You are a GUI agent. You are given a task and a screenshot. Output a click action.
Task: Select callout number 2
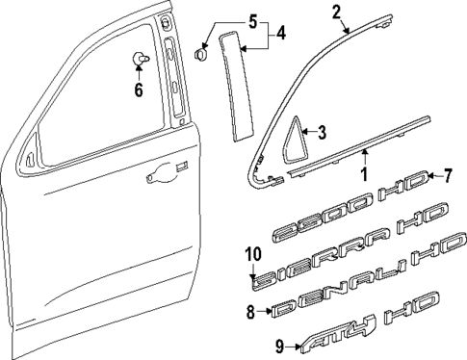tap(337, 13)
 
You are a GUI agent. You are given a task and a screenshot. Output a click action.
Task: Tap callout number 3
tap(323, 132)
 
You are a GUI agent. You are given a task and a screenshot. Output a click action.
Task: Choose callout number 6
tap(138, 91)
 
